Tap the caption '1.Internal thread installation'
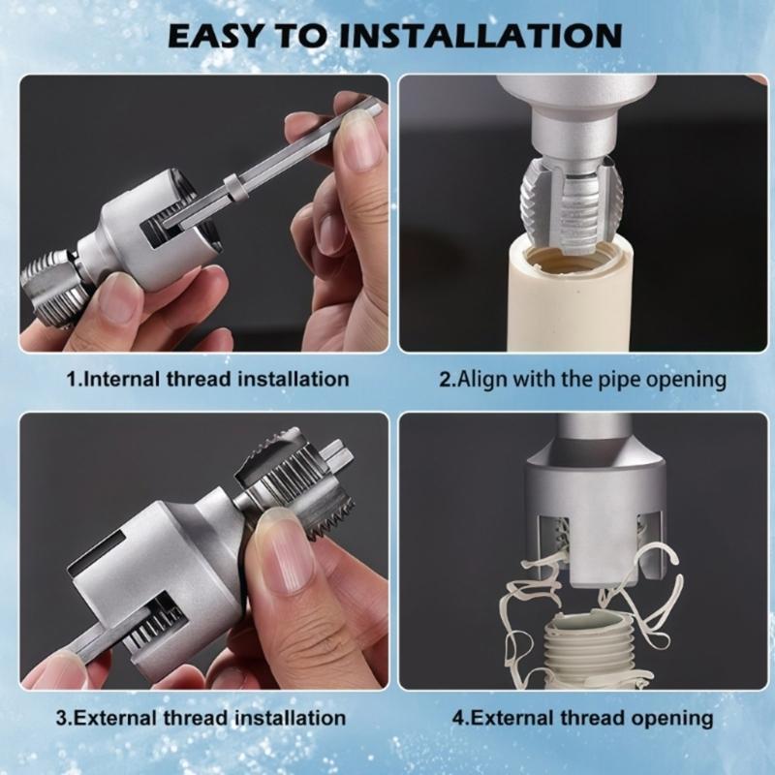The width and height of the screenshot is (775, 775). point(207,379)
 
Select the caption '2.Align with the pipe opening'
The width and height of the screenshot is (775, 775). point(582,379)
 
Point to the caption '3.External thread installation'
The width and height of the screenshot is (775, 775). point(201,718)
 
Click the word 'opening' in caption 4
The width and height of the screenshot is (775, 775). point(672,718)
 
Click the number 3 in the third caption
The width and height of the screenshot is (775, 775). point(61,718)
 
